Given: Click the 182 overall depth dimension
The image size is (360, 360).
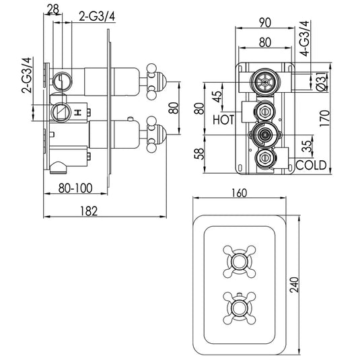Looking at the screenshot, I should click(87, 210).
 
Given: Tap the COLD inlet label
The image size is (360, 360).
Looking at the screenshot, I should click(311, 164).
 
